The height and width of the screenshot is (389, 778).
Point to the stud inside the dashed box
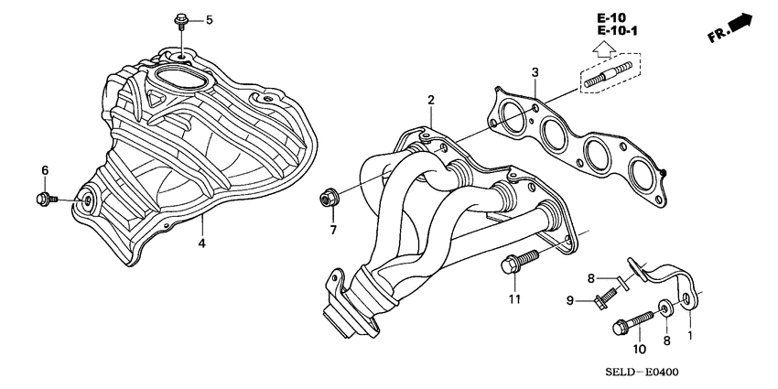coord(607,76)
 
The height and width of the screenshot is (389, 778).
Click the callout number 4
coord(202,243)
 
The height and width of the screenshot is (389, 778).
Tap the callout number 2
coord(430,100)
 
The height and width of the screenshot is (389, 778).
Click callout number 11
coord(514,299)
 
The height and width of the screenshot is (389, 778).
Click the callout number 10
coord(638,349)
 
